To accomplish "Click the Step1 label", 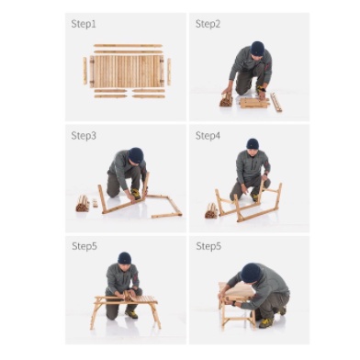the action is (x=84, y=24).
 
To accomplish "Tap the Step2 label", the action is (x=208, y=24).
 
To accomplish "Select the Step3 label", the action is (x=84, y=136).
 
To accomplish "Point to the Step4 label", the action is (x=208, y=136).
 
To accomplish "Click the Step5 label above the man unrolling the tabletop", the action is (x=84, y=246).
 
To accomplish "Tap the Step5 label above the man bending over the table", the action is (x=208, y=246).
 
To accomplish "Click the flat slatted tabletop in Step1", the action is (x=127, y=71).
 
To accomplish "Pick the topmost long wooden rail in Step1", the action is (x=128, y=46).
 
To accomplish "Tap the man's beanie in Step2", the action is (x=257, y=49).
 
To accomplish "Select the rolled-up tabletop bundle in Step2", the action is (x=226, y=100).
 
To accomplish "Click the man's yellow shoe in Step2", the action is (x=261, y=90).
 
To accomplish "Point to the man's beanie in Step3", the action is (x=136, y=155).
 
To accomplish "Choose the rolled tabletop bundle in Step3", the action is (x=83, y=203).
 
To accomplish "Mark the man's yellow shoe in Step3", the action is (x=135, y=194).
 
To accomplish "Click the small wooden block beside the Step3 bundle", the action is (x=95, y=203).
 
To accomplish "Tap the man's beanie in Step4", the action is (x=253, y=144).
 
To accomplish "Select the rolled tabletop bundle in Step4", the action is (x=211, y=210).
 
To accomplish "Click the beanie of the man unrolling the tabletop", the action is (x=125, y=258).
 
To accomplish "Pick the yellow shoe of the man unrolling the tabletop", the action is (x=131, y=314).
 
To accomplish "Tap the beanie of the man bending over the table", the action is (x=251, y=273).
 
